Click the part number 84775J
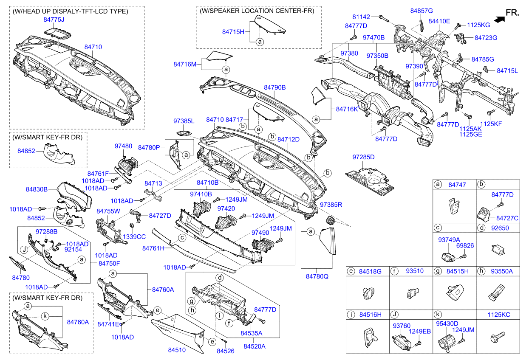click(54, 20)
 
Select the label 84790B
click(274, 87)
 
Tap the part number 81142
click(361, 17)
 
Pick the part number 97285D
click(363, 157)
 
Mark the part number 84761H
click(153, 248)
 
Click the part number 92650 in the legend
click(500, 228)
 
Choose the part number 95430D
click(447, 323)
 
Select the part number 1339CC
click(134, 236)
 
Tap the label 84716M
click(185, 64)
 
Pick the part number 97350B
click(377, 56)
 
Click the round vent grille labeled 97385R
click(329, 220)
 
